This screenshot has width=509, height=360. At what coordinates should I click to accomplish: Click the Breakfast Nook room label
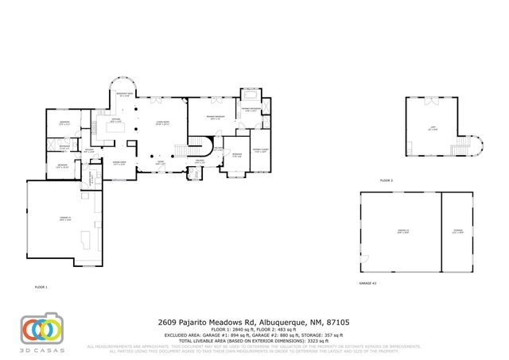pos(124,95)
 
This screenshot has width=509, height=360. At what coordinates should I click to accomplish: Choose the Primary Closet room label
pos(260,149)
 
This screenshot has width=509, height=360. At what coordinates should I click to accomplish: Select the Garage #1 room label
pos(65,219)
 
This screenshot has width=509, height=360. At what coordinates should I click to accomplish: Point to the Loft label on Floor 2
pos(432,128)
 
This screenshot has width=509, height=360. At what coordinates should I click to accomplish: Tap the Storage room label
pos(457,231)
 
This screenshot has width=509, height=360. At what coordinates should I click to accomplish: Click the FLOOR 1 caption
pos(41,286)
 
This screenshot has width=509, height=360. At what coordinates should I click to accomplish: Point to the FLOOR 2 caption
pos(386,180)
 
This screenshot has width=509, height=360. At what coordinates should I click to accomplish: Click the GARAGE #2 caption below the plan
pos(367,283)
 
